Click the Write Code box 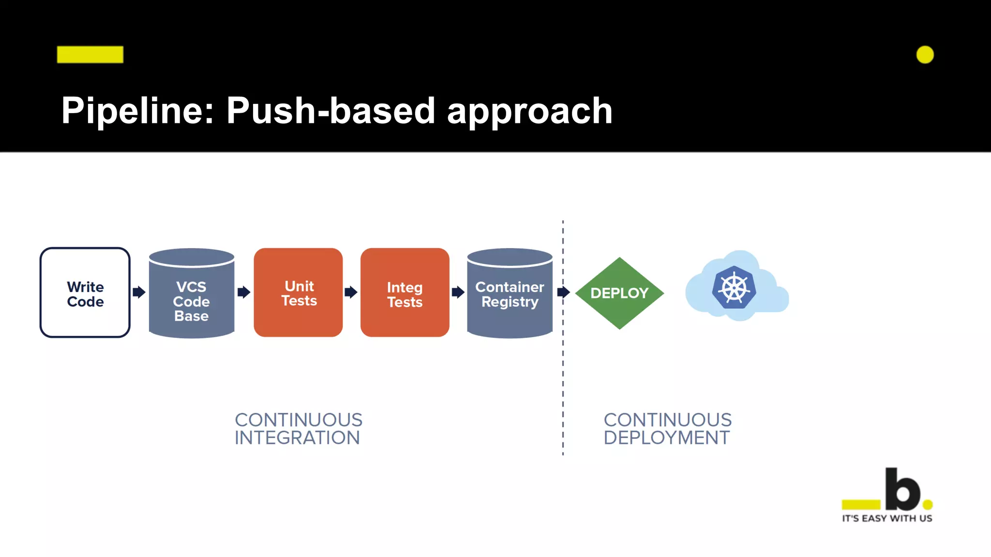click(x=85, y=293)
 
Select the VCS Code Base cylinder click(x=192, y=300)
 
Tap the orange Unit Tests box click(x=298, y=293)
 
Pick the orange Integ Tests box click(x=405, y=293)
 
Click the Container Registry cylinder click(x=510, y=300)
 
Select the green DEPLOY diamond click(x=619, y=293)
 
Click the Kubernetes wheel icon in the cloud click(x=734, y=288)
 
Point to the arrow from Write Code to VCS click(x=139, y=292)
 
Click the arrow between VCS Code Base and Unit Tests click(x=244, y=292)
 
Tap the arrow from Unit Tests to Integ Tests click(x=351, y=292)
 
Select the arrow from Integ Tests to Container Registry click(x=458, y=292)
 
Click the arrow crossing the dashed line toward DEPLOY click(x=563, y=292)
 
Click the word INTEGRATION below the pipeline click(x=297, y=438)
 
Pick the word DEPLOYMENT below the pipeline click(x=666, y=438)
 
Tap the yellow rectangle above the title click(x=90, y=55)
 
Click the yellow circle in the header click(x=925, y=55)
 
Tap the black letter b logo click(x=902, y=489)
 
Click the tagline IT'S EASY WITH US click(x=887, y=518)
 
